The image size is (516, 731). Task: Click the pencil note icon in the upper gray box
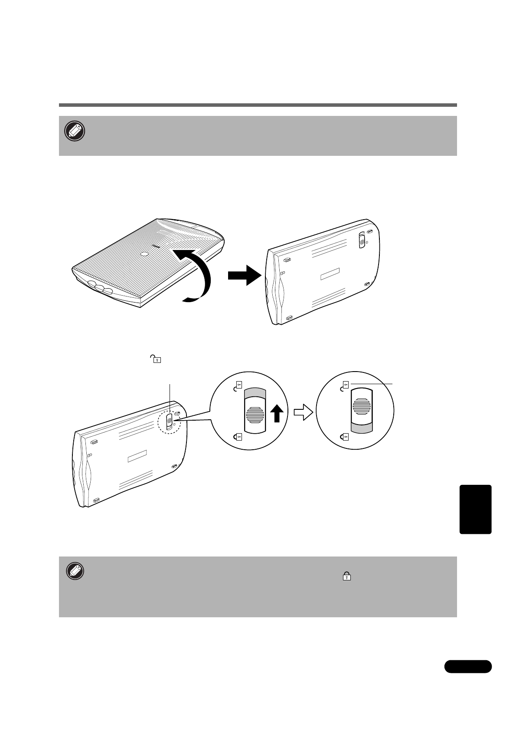(x=75, y=131)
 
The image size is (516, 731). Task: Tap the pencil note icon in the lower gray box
(x=75, y=572)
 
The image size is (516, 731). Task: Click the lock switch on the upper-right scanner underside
(x=362, y=240)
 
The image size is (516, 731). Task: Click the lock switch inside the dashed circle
(x=170, y=421)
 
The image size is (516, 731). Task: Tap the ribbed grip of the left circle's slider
(x=255, y=415)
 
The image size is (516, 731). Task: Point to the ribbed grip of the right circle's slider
(x=361, y=406)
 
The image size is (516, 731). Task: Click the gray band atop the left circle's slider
(x=255, y=393)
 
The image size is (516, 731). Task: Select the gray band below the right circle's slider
(x=361, y=429)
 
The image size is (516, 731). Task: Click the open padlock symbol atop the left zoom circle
(x=238, y=386)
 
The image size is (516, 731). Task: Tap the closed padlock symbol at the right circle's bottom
(x=345, y=436)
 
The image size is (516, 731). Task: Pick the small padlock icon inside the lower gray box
(x=347, y=576)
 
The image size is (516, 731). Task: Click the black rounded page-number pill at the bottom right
(x=468, y=666)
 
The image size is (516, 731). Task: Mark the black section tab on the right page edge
(x=475, y=509)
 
